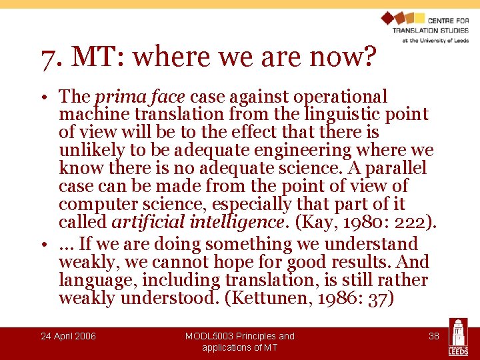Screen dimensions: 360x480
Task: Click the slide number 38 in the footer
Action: (x=433, y=336)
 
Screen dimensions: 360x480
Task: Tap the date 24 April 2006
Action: (x=68, y=336)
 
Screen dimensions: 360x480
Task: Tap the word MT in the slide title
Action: (x=90, y=59)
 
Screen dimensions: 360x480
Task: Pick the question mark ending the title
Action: (x=368, y=59)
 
